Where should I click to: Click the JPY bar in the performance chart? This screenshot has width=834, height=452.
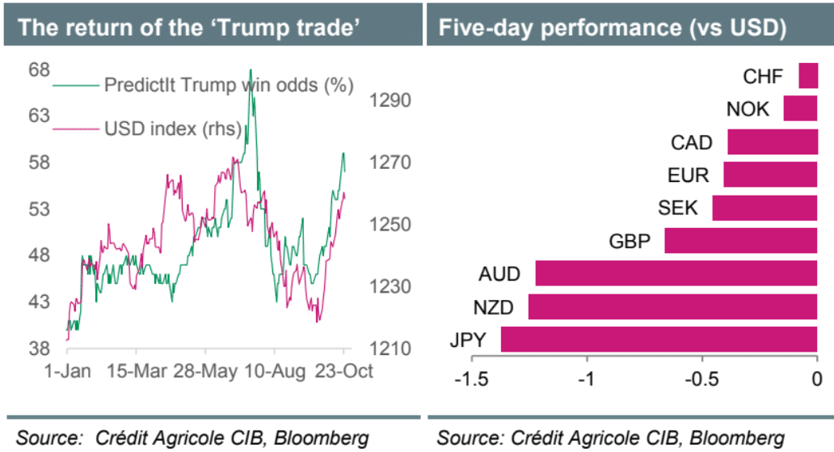[x=659, y=339]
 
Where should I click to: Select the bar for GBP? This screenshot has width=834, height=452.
[x=740, y=240]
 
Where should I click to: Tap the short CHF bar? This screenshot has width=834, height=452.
[x=808, y=76]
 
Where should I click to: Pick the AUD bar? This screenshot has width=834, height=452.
[x=676, y=273]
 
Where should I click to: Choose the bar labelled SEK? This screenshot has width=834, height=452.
[x=764, y=207]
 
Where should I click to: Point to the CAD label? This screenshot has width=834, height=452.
[x=691, y=143]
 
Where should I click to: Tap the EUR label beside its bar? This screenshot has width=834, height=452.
[x=688, y=175]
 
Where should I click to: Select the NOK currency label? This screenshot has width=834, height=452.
[x=748, y=109]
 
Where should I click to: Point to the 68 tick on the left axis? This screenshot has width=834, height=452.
[x=40, y=70]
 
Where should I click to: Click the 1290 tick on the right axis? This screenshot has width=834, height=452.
[x=392, y=100]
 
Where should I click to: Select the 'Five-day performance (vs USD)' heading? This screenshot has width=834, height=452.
[x=612, y=27]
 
